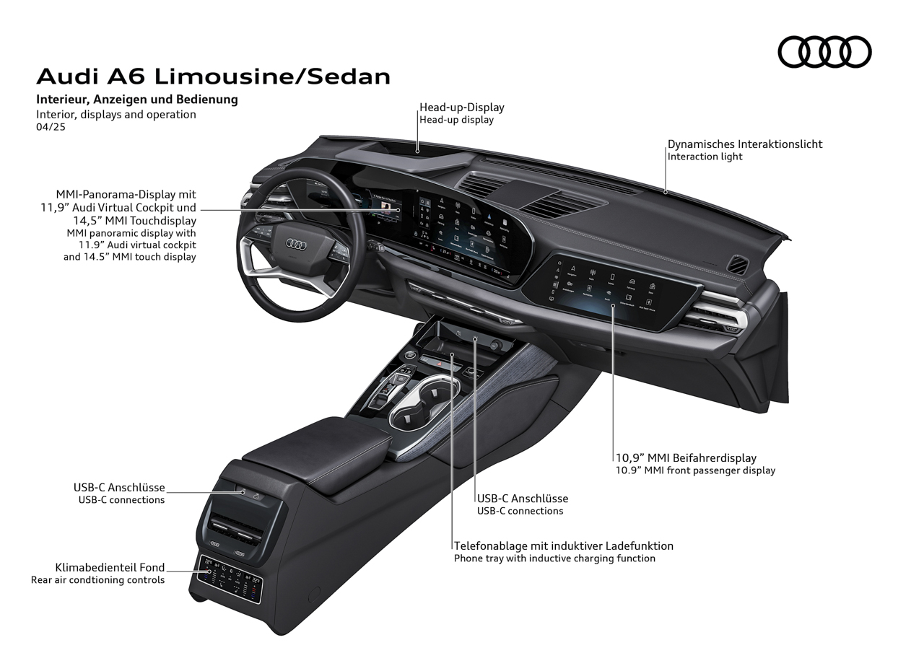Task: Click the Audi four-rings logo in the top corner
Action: click(824, 52)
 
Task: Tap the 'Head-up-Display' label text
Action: click(462, 108)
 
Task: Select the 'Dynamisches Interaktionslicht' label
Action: click(744, 144)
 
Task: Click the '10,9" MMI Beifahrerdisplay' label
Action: click(685, 457)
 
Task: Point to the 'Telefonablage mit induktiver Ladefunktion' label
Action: click(563, 546)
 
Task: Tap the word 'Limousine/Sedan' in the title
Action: click(272, 76)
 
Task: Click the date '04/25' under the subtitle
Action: click(51, 127)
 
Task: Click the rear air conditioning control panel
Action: click(230, 579)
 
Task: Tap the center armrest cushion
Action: click(310, 447)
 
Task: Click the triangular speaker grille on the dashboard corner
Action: click(739, 264)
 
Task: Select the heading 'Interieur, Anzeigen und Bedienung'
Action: click(137, 100)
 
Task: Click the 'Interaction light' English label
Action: click(705, 157)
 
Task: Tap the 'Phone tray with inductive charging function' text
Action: click(554, 558)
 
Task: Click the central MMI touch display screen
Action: click(462, 227)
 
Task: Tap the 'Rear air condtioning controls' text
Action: click(97, 580)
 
